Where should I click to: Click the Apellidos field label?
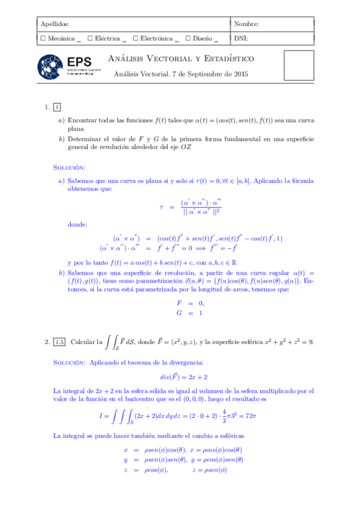[54, 24]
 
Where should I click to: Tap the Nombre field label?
[246, 24]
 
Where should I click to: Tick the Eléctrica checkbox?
[90, 38]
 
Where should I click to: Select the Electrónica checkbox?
[135, 38]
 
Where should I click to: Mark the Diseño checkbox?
[188, 38]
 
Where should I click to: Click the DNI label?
[240, 38]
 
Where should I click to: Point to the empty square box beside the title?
[299, 67]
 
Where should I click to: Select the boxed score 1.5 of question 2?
[59, 342]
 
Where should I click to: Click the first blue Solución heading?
[69, 167]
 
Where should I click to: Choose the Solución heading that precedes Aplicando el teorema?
[69, 363]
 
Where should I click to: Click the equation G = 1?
[189, 313]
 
